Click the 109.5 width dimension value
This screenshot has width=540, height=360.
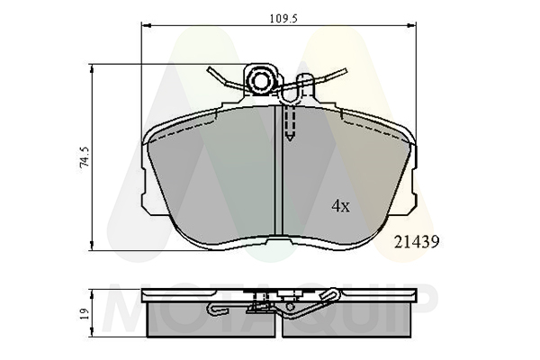[283, 19]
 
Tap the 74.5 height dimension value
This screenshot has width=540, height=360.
[85, 157]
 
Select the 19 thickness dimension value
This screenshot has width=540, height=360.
[85, 313]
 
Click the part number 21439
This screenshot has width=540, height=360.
[417, 242]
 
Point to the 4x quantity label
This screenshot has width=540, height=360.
[340, 206]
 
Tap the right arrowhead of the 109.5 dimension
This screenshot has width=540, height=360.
[411, 25]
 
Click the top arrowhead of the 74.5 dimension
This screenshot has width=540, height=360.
[92, 69]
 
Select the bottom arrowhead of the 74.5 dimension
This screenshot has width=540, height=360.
[92, 246]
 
